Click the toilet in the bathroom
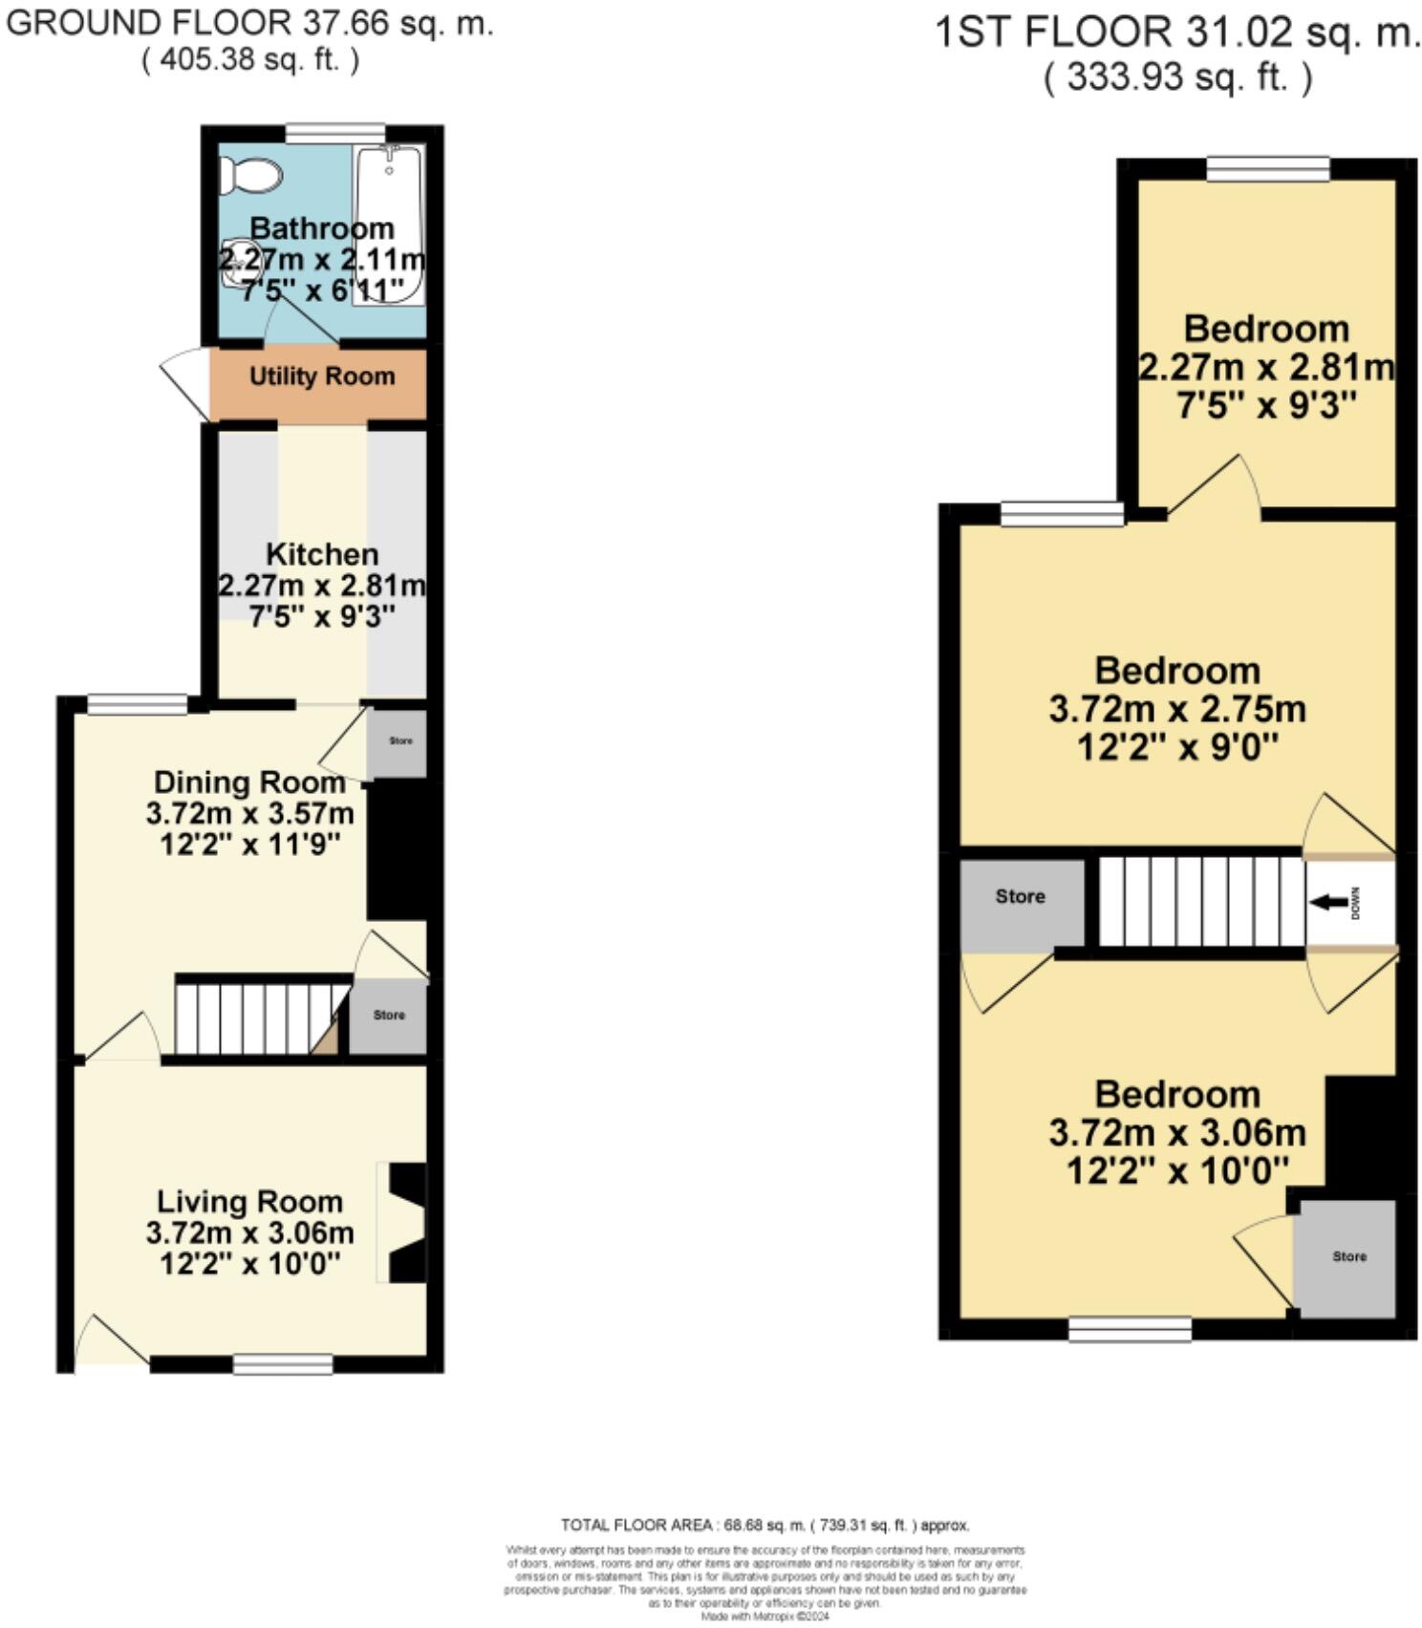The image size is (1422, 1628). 250,175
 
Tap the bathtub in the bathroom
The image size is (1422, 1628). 388,225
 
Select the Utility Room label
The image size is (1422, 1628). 322,376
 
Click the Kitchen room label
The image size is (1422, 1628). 322,554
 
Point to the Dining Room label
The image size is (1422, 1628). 249,782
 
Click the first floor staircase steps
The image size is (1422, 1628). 1200,901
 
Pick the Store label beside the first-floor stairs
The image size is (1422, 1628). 1020,896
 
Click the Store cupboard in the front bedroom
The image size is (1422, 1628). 1347,1256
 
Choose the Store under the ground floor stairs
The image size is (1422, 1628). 388,1015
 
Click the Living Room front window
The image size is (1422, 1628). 283,1364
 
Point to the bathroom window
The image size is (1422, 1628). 336,134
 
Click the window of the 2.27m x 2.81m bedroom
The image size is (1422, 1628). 1267,169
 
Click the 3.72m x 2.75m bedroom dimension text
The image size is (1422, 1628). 1177,710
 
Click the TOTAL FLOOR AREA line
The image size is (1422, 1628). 765,1525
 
